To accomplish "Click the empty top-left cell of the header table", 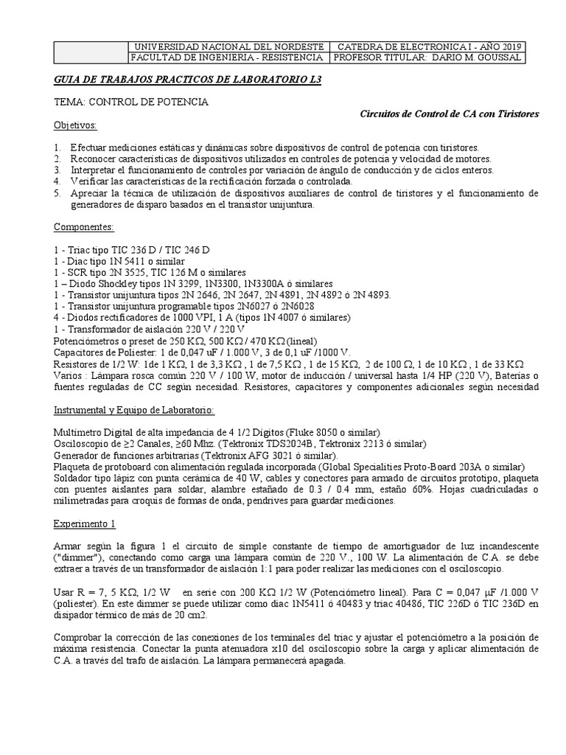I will (92, 52).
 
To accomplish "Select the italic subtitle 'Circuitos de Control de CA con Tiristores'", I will (449, 114).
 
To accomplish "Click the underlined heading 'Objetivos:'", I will (76, 125).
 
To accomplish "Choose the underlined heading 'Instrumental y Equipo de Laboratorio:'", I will (135, 408).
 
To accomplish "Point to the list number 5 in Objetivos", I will (57, 193).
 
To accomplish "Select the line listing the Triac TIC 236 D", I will (125, 249).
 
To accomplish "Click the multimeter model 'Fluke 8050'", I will (318, 431).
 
